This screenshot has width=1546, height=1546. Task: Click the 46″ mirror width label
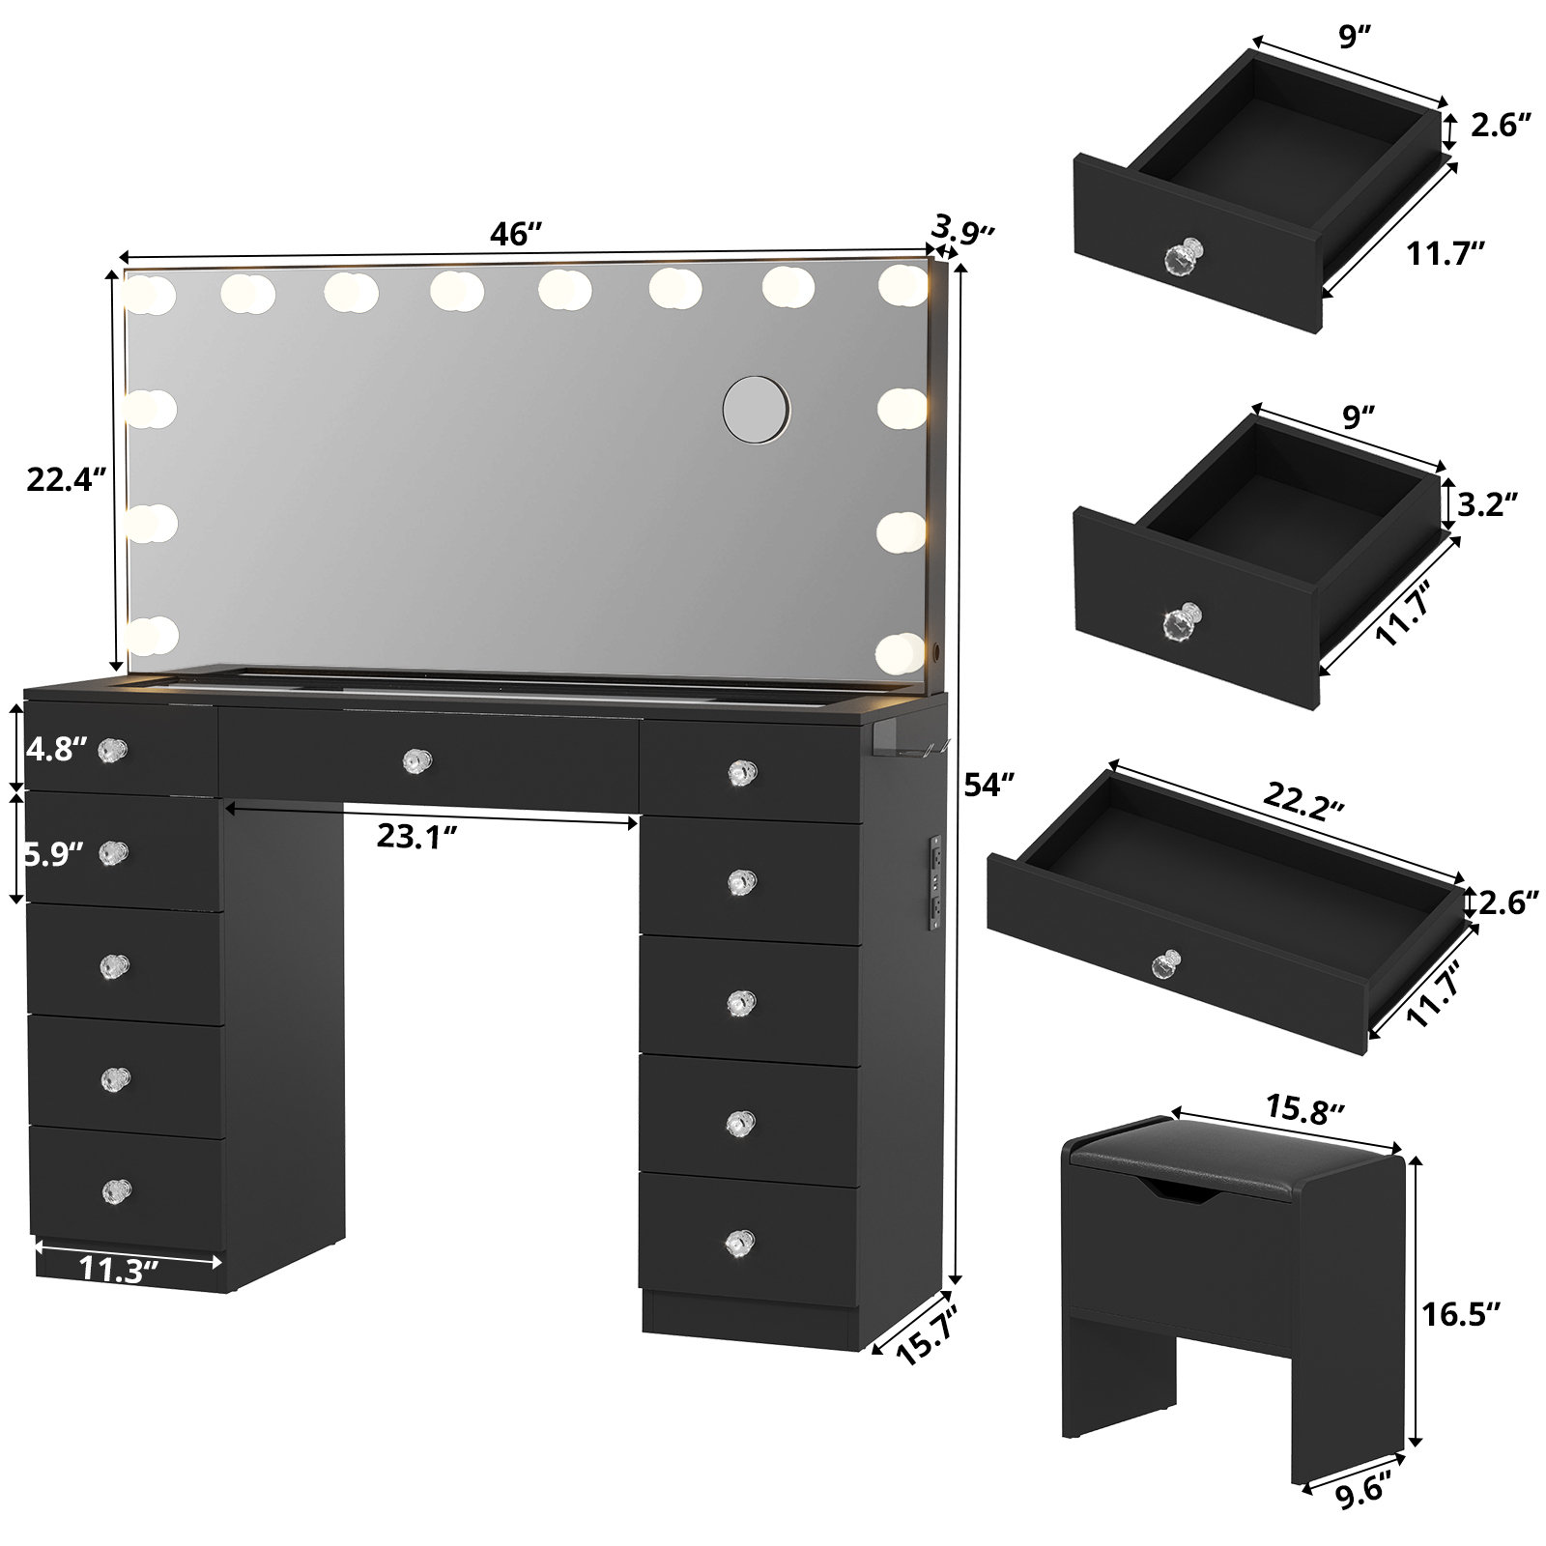point(516,234)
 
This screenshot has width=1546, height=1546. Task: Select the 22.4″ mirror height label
point(65,480)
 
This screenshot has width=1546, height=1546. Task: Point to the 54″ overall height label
point(991,786)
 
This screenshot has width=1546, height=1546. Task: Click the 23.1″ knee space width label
point(416,837)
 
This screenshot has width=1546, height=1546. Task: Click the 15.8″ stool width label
point(1301,1113)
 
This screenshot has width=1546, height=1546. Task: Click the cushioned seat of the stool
point(1227,1156)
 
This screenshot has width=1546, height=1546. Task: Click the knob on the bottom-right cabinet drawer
point(740,1241)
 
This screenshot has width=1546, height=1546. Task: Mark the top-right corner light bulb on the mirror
point(902,282)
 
